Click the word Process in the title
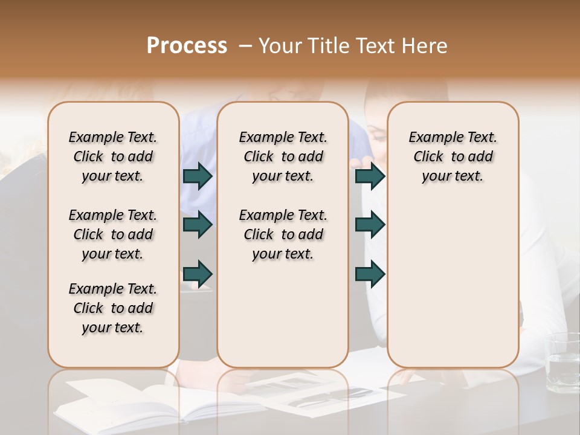coord(187,46)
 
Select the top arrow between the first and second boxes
coord(198,176)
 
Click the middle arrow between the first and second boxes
coord(198,225)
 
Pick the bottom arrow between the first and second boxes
coord(198,273)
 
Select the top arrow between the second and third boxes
coord(370,176)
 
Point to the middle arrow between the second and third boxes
coord(370,225)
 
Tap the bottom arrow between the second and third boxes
coord(370,273)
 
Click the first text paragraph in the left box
coord(113,156)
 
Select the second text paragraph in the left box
coord(113,234)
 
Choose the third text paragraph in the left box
coord(113,308)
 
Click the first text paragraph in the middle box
coord(283,156)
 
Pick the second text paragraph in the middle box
coord(283,234)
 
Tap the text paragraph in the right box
coord(453,156)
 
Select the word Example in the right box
coord(431,138)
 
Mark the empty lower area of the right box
coord(453,278)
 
